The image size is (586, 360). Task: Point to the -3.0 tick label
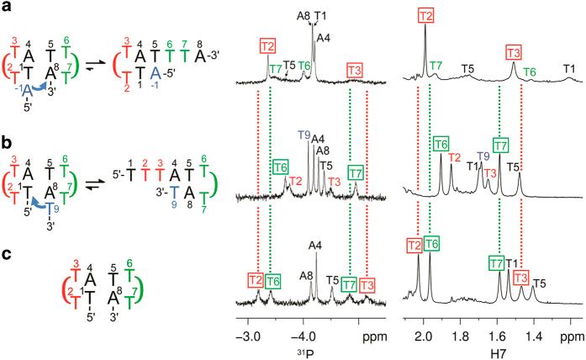[246, 320]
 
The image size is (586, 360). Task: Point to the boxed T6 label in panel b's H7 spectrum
[441, 145]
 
